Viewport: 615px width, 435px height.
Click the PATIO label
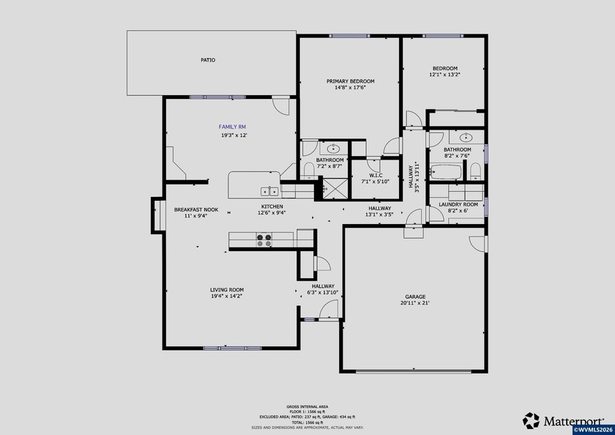pyautogui.click(x=208, y=60)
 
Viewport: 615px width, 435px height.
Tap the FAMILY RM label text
pyautogui.click(x=232, y=127)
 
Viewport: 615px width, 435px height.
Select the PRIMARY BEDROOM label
pyautogui.click(x=350, y=81)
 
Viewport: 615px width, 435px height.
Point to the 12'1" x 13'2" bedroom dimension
pyautogui.click(x=444, y=75)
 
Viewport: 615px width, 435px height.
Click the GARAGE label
pyautogui.click(x=415, y=297)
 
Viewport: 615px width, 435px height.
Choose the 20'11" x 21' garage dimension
pyautogui.click(x=415, y=304)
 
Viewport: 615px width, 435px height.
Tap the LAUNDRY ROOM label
pyautogui.click(x=458, y=204)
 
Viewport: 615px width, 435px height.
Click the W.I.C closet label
pyautogui.click(x=375, y=175)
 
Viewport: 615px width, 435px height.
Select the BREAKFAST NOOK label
pyautogui.click(x=190, y=209)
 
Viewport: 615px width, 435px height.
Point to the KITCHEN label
pyautogui.click(x=272, y=207)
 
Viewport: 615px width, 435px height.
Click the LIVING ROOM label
pyautogui.click(x=227, y=289)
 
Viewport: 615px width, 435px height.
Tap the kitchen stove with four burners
pyautogui.click(x=264, y=238)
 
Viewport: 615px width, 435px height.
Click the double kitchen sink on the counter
pyautogui.click(x=269, y=191)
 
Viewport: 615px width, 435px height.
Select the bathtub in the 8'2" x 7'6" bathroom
pyautogui.click(x=445, y=174)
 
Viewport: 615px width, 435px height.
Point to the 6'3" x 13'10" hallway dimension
pyautogui.click(x=323, y=293)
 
